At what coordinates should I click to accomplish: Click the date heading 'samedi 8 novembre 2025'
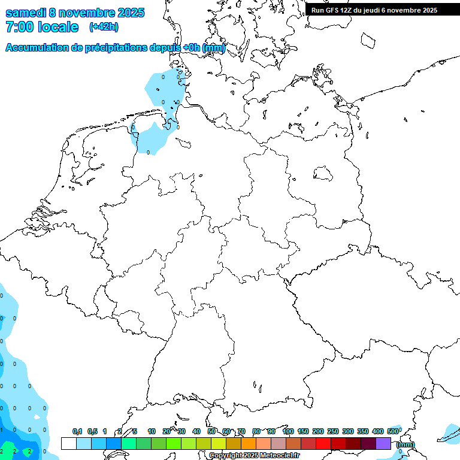[75, 13]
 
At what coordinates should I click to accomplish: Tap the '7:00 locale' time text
[42, 27]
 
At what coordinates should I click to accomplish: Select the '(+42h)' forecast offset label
[104, 27]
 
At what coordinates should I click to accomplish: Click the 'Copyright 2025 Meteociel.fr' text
[255, 456]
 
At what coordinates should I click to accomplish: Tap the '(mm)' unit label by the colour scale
[405, 444]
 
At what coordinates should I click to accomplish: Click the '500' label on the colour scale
[393, 431]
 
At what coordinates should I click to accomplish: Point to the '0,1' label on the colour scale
[77, 431]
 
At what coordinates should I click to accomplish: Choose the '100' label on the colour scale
[287, 431]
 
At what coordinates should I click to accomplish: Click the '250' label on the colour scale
[332, 431]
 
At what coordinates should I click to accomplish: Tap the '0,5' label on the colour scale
[92, 431]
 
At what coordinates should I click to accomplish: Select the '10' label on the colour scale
[152, 431]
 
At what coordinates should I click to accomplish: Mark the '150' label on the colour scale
[302, 431]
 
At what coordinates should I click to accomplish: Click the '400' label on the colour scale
[377, 431]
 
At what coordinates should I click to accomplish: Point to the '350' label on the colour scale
[362, 431]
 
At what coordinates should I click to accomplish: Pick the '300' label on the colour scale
[347, 431]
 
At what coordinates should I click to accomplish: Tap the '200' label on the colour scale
[317, 431]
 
